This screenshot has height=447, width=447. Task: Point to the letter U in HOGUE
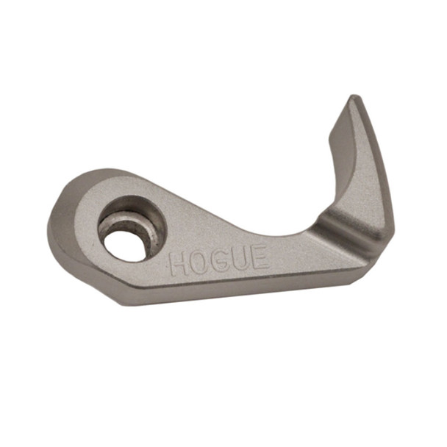(x=238, y=259)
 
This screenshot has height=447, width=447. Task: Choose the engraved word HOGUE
(x=218, y=260)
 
